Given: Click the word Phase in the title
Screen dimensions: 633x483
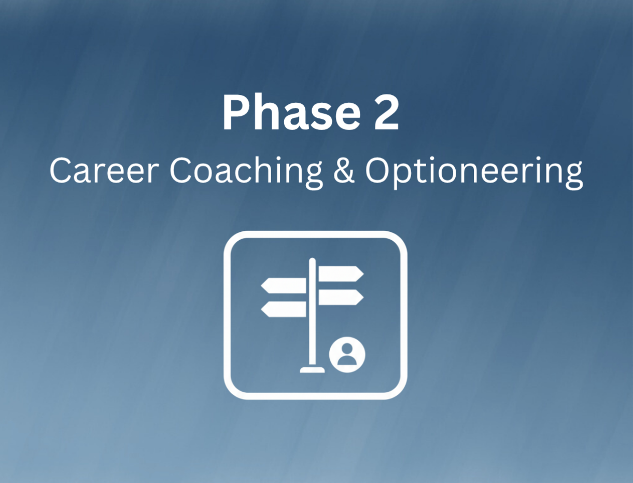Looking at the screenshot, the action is [291, 113].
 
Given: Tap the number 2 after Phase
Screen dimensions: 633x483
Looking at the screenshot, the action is [386, 113].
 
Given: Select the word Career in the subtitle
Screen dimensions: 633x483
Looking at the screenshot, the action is [104, 171].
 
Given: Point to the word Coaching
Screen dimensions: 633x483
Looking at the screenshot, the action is [247, 173].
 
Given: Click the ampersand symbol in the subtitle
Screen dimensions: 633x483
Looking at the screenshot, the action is [344, 171].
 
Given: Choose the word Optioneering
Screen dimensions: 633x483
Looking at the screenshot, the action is [474, 173].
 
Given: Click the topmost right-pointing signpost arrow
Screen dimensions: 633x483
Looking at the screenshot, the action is [341, 274].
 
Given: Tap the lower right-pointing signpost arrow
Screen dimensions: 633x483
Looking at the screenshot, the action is [341, 297].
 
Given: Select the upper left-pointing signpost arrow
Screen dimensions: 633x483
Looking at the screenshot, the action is [284, 286].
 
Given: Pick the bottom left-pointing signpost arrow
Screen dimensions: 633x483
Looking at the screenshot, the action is [284, 309].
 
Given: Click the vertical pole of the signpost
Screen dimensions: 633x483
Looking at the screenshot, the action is [312, 313].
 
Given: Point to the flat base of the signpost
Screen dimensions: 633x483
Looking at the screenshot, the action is [312, 369].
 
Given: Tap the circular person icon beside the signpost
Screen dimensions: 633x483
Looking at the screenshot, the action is [347, 355].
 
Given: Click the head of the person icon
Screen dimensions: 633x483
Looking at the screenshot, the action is [347, 348].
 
